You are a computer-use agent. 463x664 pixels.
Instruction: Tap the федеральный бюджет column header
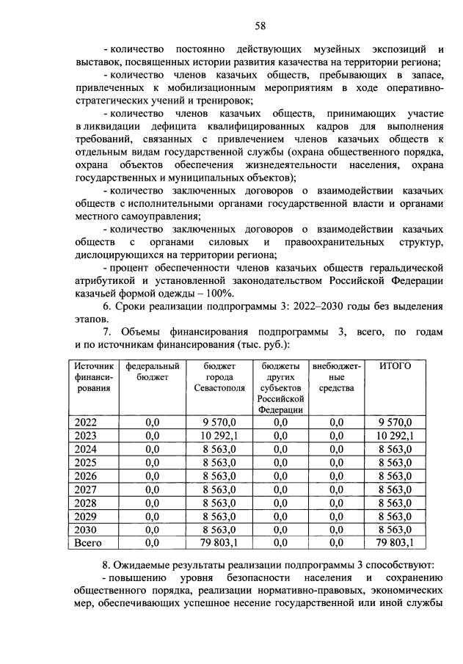153,371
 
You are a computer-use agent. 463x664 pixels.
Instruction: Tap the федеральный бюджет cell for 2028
153,502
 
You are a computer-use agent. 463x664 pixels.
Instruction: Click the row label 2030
87,529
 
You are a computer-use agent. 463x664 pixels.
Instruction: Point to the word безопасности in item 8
254,577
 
